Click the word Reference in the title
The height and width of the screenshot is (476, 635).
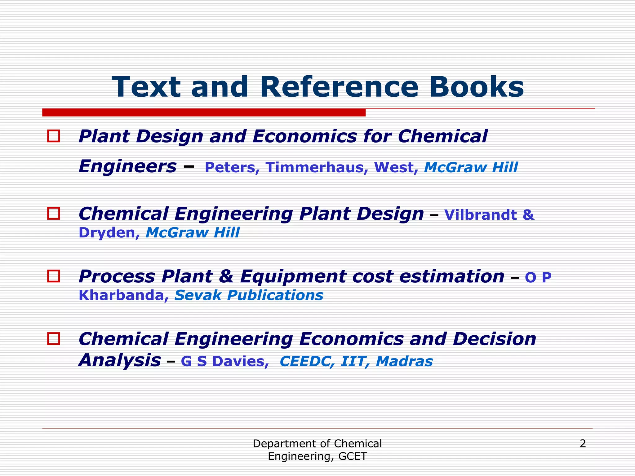pos(339,87)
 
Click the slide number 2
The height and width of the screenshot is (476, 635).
pos(583,444)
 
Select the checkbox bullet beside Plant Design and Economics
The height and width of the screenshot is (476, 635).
pos(53,136)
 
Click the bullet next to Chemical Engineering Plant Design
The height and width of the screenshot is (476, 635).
pos(53,214)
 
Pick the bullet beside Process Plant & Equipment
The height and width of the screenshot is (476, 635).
pos(53,276)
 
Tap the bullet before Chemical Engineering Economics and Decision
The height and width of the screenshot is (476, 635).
pos(53,338)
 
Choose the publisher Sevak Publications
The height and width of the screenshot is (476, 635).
pos(249,295)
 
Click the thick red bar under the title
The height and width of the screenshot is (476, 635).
pos(204,112)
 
